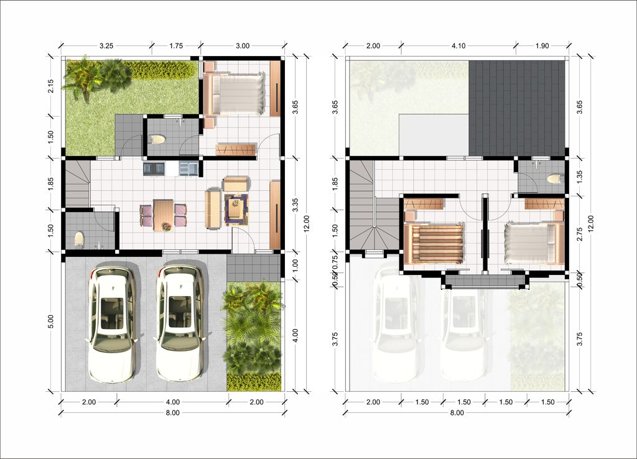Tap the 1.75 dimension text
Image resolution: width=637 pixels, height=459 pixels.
[x=176, y=45]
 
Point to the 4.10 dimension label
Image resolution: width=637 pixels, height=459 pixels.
[x=458, y=45]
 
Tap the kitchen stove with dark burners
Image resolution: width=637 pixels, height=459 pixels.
[x=154, y=168]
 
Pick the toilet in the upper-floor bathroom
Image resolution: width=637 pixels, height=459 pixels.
[x=553, y=179]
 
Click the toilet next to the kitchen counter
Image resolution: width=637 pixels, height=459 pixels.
[x=157, y=139]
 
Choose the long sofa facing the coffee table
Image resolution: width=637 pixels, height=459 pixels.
[x=212, y=208]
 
